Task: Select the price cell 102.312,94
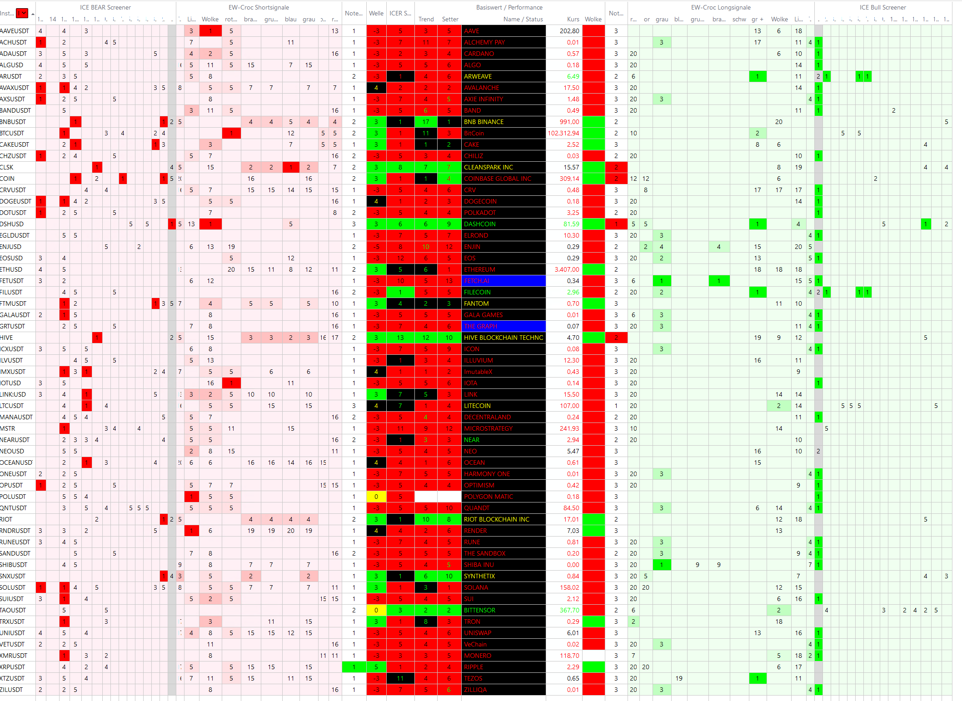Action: click(563, 133)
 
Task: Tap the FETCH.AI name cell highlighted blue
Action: click(503, 281)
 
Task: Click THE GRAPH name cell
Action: click(503, 326)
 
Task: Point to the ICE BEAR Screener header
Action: click(105, 7)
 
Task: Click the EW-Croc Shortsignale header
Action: click(259, 7)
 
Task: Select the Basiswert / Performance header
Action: click(509, 7)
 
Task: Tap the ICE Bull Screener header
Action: click(882, 7)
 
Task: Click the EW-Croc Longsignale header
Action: click(721, 7)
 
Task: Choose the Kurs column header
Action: click(573, 19)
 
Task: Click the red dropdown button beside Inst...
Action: click(22, 13)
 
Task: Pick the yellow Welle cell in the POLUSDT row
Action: click(376, 497)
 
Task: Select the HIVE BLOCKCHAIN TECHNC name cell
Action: click(503, 338)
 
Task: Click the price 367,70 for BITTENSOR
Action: click(569, 610)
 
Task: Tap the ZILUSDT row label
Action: click(12, 690)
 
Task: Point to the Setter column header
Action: click(450, 19)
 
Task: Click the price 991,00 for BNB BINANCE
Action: click(569, 122)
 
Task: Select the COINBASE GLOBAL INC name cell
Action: click(503, 179)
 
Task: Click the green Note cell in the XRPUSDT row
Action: click(354, 667)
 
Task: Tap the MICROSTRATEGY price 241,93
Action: click(569, 428)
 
